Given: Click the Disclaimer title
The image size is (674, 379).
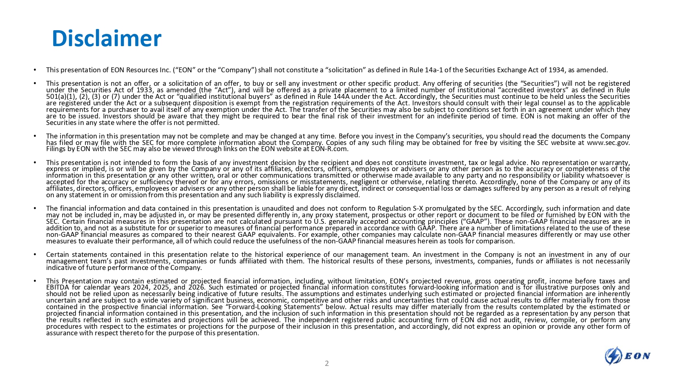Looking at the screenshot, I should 106,38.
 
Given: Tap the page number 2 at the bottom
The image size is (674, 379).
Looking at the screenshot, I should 326,363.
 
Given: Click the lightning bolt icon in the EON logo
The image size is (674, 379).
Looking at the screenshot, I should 613,356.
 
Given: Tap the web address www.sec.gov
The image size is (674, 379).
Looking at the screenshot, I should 608,143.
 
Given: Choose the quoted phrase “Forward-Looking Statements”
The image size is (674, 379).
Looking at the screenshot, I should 272,307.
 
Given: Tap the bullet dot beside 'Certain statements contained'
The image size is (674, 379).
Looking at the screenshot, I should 36,254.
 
